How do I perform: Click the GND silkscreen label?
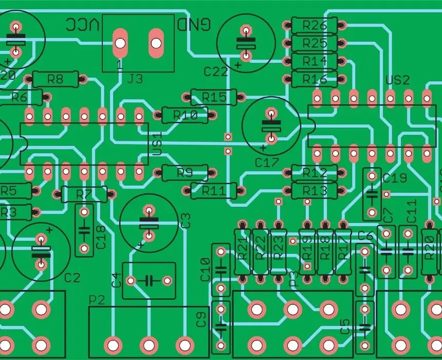(194, 24)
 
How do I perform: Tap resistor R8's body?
(55, 79)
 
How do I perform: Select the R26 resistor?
(314, 25)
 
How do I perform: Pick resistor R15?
(213, 97)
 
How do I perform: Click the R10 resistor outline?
(185, 115)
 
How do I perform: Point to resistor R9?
(185, 173)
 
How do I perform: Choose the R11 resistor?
(213, 191)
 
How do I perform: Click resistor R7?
(84, 194)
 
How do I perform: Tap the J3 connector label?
(135, 79)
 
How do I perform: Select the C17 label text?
(266, 163)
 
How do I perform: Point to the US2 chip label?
(397, 80)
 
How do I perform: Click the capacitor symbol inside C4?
(149, 280)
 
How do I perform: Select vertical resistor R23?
(278, 251)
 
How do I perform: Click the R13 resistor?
(314, 191)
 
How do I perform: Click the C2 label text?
(72, 278)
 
